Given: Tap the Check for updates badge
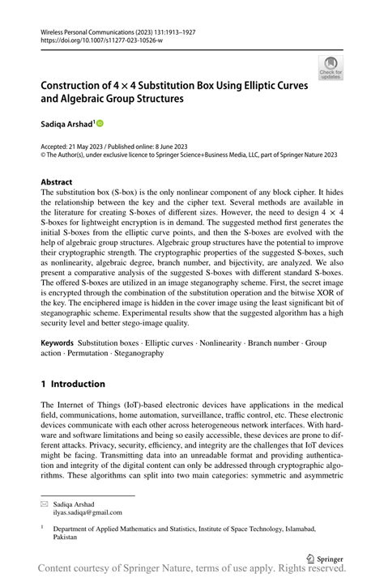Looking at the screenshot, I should [x=331, y=67].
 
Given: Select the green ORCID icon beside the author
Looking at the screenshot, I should [x=100, y=124].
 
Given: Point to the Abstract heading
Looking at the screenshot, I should [x=57, y=182].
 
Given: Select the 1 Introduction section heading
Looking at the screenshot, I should [x=73, y=384].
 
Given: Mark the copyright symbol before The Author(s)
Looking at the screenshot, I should [x=44, y=154].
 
